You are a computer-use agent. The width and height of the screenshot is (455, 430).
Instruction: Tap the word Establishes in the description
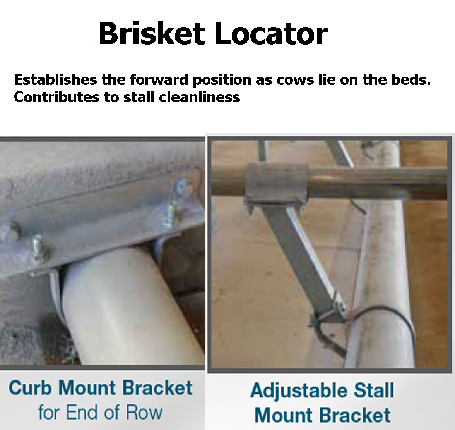pos(55,80)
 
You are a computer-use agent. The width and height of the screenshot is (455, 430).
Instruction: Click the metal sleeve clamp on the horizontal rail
pos(275,182)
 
